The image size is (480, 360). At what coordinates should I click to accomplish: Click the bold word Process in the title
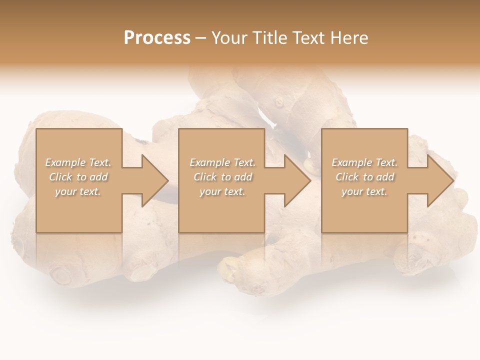click(x=157, y=38)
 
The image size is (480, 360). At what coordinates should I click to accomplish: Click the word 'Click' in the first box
click(x=60, y=177)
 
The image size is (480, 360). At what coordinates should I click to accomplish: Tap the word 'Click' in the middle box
click(x=205, y=177)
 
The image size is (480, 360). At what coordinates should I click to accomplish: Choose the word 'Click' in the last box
click(x=347, y=177)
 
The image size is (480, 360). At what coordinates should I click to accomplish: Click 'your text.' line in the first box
click(x=78, y=191)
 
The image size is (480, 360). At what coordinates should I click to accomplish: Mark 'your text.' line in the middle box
click(x=222, y=191)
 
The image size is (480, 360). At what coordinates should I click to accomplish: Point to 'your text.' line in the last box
click(x=364, y=191)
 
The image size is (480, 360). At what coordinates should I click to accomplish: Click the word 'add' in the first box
click(x=99, y=177)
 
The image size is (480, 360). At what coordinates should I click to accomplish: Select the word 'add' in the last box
click(x=385, y=177)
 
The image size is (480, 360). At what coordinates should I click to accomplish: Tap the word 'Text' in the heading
click(x=308, y=38)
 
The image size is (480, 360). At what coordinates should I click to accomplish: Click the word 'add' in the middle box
click(x=243, y=177)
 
